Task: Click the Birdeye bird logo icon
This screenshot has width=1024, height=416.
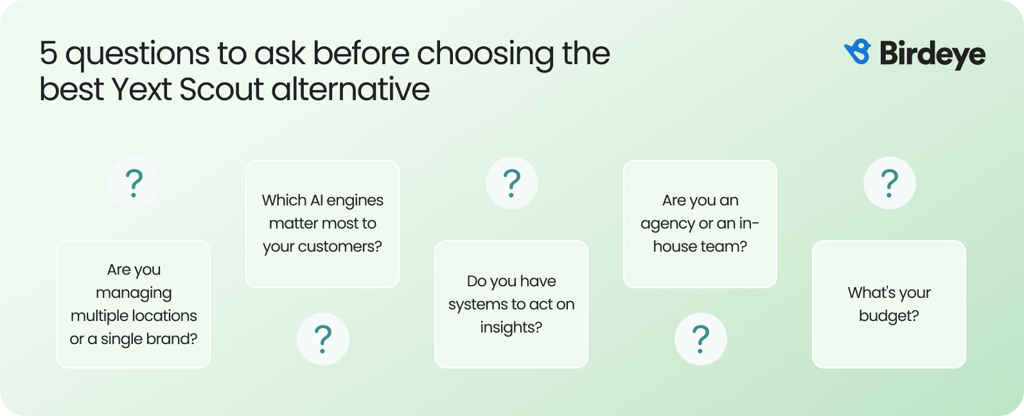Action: pyautogui.click(x=858, y=52)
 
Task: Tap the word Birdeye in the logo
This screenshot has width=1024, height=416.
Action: pyautogui.click(x=932, y=54)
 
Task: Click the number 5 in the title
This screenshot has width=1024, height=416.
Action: pyautogui.click(x=48, y=53)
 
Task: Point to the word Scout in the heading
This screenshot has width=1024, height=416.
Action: pyautogui.click(x=221, y=89)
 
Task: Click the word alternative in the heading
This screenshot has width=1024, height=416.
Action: pyautogui.click(x=351, y=89)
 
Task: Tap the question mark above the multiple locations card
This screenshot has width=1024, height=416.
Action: pyautogui.click(x=134, y=183)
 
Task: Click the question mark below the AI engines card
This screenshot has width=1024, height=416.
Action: pyautogui.click(x=322, y=339)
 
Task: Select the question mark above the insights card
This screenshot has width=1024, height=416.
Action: pyautogui.click(x=511, y=183)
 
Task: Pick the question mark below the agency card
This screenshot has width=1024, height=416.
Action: pyautogui.click(x=700, y=339)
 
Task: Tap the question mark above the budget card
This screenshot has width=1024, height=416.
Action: pyautogui.click(x=889, y=183)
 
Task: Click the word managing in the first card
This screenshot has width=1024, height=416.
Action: pyautogui.click(x=134, y=293)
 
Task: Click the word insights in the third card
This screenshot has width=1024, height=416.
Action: pyautogui.click(x=511, y=327)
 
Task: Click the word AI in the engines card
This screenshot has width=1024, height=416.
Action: pyautogui.click(x=316, y=200)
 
